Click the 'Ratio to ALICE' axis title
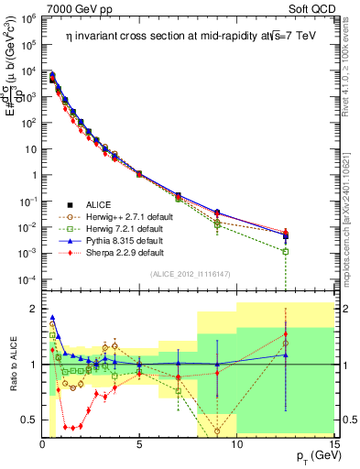click(x=13, y=365)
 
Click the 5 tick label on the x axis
click(x=139, y=445)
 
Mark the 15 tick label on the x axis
click(x=333, y=445)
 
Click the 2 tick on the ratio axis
click(x=34, y=309)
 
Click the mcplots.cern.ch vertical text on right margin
click(x=353, y=211)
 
